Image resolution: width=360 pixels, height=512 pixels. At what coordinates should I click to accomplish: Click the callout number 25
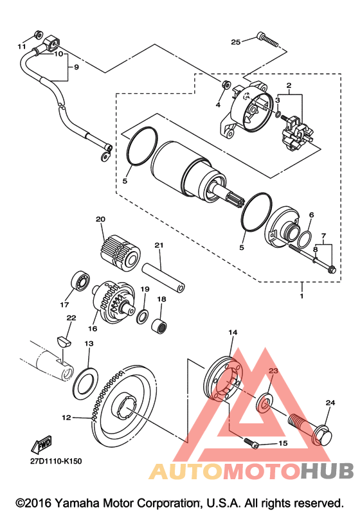[235, 42]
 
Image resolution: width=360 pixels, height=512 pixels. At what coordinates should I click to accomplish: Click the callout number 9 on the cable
[76, 67]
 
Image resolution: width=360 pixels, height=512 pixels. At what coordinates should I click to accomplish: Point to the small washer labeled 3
[278, 114]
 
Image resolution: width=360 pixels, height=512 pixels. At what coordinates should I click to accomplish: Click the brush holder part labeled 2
[296, 134]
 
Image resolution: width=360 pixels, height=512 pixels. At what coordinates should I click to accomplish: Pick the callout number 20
[100, 219]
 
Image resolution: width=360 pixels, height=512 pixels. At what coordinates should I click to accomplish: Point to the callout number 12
[66, 418]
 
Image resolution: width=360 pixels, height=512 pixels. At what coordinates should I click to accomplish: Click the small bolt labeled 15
[251, 443]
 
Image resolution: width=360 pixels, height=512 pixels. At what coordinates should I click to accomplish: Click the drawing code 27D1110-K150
[56, 461]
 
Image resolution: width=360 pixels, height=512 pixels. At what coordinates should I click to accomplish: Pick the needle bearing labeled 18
[159, 325]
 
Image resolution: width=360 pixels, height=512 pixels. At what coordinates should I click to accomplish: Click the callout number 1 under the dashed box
[301, 296]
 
